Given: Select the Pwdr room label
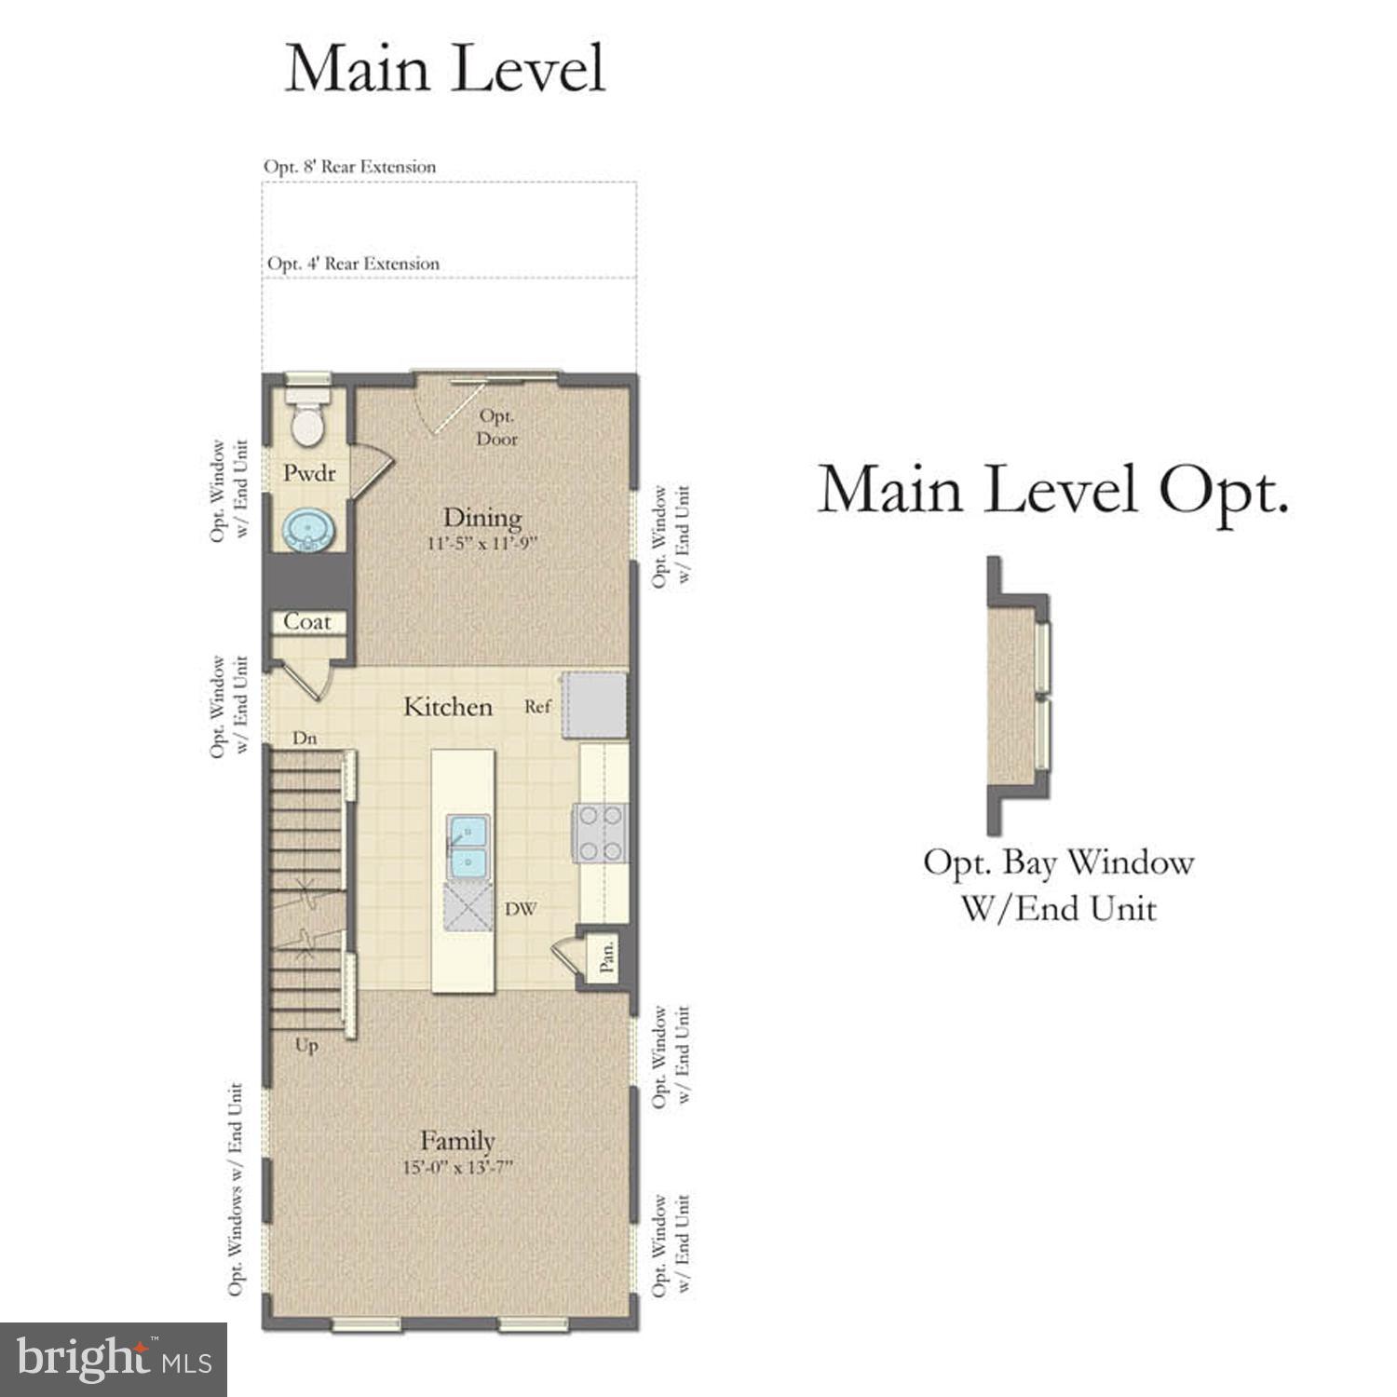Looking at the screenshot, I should (x=309, y=474).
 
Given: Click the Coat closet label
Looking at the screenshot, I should (x=307, y=622).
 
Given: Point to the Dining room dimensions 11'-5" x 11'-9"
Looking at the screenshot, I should (x=481, y=543).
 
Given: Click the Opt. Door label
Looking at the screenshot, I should (x=496, y=427).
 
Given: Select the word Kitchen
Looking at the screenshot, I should (x=447, y=707).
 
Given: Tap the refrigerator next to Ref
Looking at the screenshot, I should (x=594, y=705).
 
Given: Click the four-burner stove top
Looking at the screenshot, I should (x=600, y=833).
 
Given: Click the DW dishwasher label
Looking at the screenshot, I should (x=521, y=909).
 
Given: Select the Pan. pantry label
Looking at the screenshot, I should (x=606, y=956).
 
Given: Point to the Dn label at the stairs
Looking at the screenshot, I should (x=305, y=739).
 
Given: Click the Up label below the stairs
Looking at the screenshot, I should (x=306, y=1045).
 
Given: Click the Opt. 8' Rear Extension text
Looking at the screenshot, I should (x=349, y=167).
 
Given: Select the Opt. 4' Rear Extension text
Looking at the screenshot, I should (x=353, y=264).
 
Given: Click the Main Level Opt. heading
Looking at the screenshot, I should (x=1052, y=490).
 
